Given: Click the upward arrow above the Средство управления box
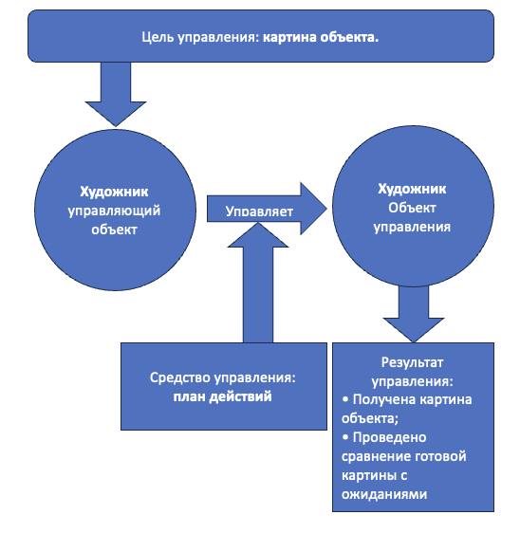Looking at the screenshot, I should click(x=262, y=285).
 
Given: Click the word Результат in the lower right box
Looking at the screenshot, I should click(x=412, y=362).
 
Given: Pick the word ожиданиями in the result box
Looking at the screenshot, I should click(x=381, y=493).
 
